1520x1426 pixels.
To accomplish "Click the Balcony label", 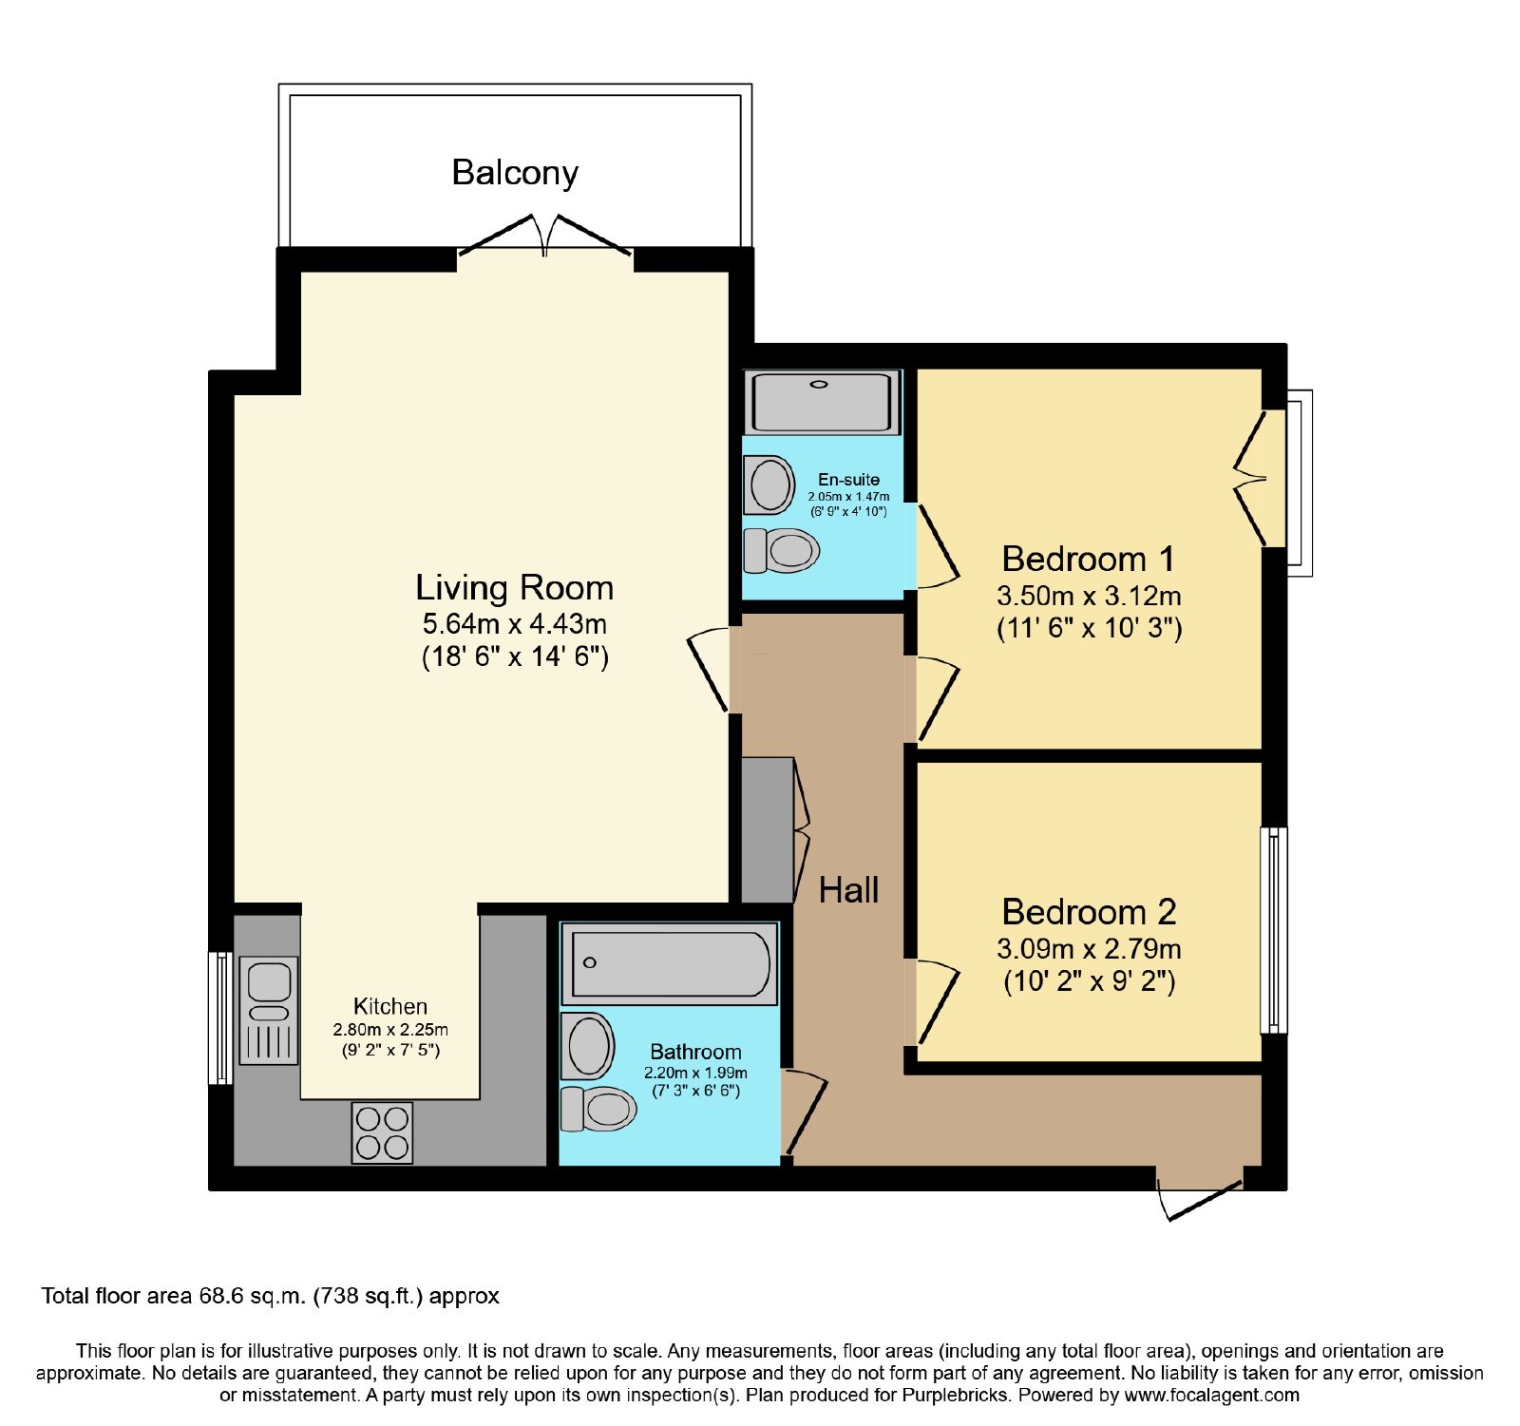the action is tap(515, 173).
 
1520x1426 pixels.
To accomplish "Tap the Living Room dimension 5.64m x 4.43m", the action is tap(515, 624).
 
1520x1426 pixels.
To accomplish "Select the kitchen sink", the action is tap(269, 1010).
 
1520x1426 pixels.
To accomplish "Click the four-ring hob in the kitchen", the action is tap(382, 1132).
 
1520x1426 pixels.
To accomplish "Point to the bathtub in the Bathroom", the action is tap(670, 963).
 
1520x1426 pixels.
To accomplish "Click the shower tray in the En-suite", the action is tap(823, 403).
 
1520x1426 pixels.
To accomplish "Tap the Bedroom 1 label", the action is tap(1089, 559).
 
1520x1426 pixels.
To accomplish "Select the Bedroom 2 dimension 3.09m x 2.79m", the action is tap(1089, 948).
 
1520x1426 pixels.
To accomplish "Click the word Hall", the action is tap(848, 890).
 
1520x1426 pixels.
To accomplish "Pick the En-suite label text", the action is tap(848, 480).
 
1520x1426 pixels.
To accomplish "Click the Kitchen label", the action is tap(390, 1006).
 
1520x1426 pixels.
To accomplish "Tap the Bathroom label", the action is tap(695, 1052).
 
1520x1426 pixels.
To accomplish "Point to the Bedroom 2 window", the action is tap(1274, 930).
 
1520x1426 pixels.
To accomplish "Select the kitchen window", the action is tap(220, 1017).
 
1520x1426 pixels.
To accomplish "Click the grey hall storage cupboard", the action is tap(767, 829).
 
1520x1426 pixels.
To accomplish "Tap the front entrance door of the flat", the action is tap(1199, 1192).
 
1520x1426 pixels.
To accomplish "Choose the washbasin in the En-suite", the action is tap(769, 485).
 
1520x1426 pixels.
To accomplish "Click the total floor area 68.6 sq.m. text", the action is tap(270, 1296).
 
